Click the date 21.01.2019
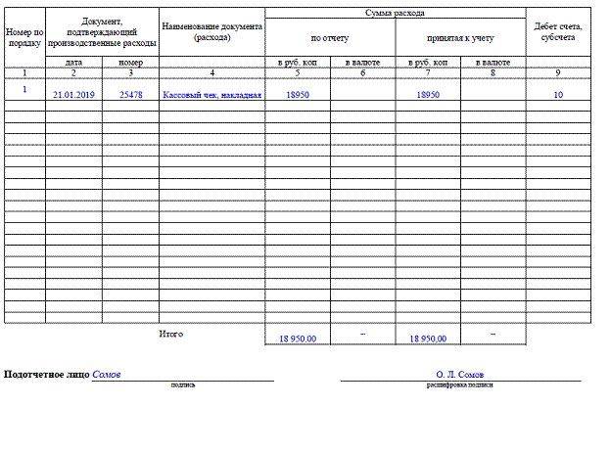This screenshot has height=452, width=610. [72, 96]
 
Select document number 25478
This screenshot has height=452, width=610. [130, 96]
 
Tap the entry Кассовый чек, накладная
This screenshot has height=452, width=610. [212, 96]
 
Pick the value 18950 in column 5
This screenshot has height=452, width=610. [298, 96]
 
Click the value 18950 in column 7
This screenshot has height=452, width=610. [428, 96]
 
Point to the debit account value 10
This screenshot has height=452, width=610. [558, 96]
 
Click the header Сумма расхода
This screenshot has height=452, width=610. [395, 13]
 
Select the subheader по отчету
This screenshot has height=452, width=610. [330, 37]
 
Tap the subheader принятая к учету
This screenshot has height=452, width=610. [460, 37]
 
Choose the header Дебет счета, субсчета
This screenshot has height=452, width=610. [558, 32]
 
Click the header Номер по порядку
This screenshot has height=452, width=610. [24, 37]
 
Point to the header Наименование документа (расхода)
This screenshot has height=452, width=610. [212, 32]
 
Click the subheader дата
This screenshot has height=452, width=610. [73, 63]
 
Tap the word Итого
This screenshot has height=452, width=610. [171, 335]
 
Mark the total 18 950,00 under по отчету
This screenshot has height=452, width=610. [298, 339]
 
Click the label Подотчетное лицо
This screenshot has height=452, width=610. [47, 375]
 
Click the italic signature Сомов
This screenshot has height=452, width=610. [107, 375]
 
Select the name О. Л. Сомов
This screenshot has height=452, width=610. [460, 375]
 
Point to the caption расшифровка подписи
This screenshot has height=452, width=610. [459, 385]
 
